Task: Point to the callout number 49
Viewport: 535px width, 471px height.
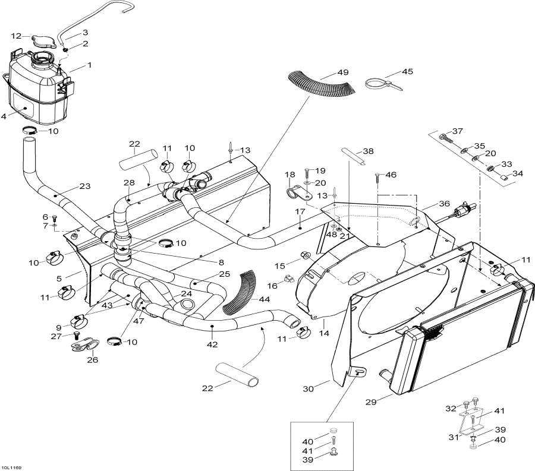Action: tap(343, 74)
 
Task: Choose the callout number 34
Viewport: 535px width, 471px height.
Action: tap(517, 173)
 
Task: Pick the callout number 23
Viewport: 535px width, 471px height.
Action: tap(84, 186)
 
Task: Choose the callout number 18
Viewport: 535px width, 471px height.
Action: tap(290, 174)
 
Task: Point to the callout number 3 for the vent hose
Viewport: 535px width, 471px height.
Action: tap(85, 32)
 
